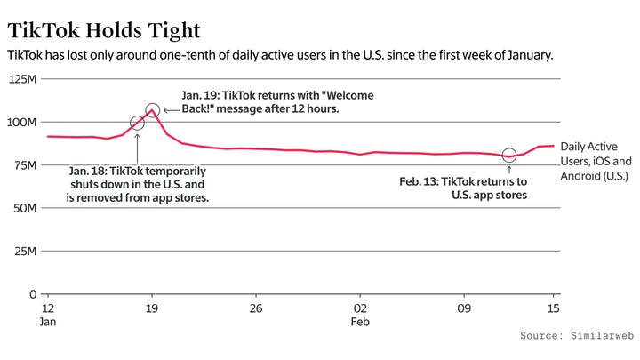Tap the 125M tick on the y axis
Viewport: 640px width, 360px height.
click(x=23, y=79)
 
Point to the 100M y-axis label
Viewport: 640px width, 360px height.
click(x=23, y=122)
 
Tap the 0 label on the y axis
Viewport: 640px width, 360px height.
click(x=32, y=294)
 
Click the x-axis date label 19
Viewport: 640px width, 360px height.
click(x=152, y=308)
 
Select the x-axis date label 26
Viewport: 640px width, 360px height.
click(x=256, y=308)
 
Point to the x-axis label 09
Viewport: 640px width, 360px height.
click(x=463, y=308)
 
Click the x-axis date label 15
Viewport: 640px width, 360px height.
click(x=553, y=308)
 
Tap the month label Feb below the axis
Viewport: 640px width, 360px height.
click(x=360, y=324)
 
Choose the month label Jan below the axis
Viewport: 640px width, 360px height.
click(x=49, y=324)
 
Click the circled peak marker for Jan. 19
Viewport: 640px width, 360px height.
click(x=152, y=110)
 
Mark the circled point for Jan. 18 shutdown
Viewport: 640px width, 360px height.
click(x=137, y=124)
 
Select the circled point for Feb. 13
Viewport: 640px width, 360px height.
click(x=508, y=156)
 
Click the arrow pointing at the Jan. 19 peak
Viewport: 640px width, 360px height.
click(x=170, y=110)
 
